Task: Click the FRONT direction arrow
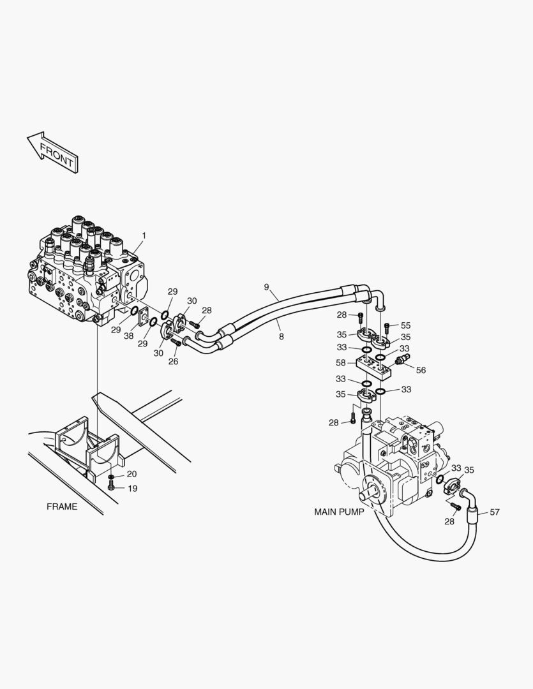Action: coord(52,151)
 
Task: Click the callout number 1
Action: coord(144,235)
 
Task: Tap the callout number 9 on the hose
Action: coord(266,287)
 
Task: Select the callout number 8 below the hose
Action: coord(281,336)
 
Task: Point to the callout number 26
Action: coord(173,361)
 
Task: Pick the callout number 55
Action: coord(405,325)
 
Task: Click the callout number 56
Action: coord(420,370)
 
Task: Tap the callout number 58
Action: coord(342,362)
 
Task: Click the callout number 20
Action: coord(131,474)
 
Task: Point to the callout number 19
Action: coord(131,489)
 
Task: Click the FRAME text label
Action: coord(62,507)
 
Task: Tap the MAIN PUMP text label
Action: coord(339,512)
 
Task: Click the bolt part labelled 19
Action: coord(112,487)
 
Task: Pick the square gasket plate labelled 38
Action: coord(144,317)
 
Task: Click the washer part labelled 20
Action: coord(111,477)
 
